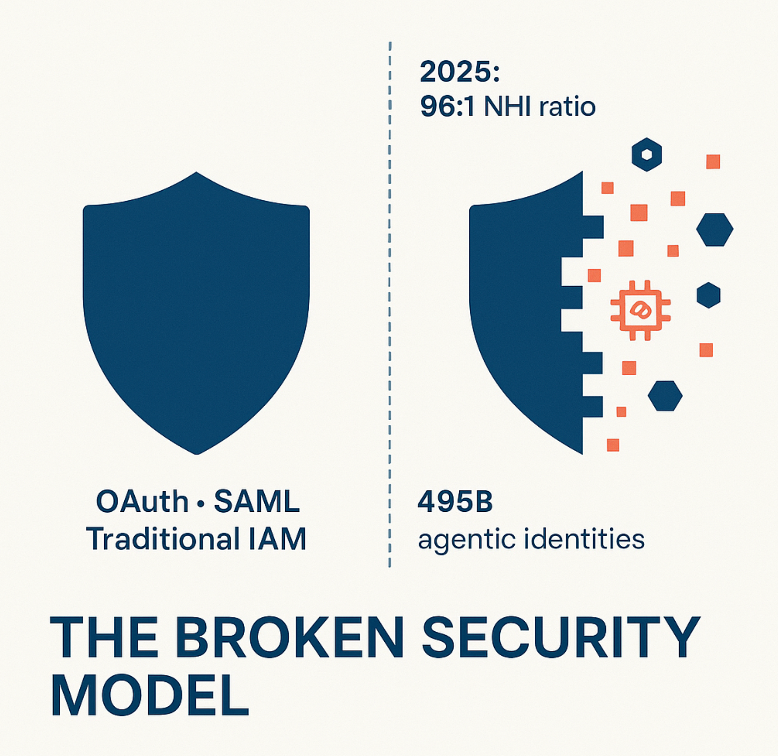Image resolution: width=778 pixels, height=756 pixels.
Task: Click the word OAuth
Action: click(142, 502)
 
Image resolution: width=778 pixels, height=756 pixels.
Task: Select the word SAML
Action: click(257, 502)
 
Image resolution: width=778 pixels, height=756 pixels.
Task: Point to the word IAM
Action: click(277, 539)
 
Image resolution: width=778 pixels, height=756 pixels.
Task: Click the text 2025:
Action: click(460, 72)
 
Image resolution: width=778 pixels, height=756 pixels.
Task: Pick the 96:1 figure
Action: click(447, 106)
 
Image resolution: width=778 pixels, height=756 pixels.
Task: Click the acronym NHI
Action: click(508, 106)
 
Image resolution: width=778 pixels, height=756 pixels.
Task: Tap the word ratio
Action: click(567, 106)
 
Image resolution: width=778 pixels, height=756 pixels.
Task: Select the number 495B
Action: click(455, 502)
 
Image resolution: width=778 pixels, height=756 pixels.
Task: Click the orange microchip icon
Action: click(640, 310)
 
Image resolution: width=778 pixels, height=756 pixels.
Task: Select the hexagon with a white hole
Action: click(647, 154)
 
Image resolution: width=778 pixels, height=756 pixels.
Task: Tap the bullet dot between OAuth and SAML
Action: click(201, 503)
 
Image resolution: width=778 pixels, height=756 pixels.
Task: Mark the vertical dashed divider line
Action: click(390, 304)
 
